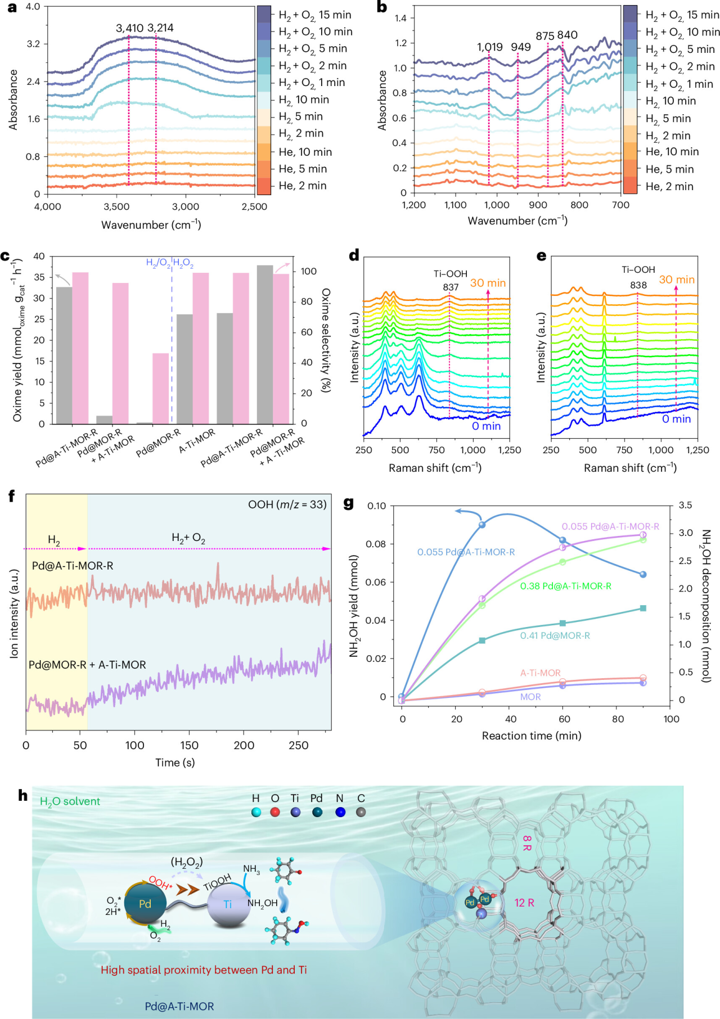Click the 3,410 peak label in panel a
(x=129, y=28)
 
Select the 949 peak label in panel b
(x=521, y=47)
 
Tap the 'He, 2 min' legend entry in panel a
(x=303, y=186)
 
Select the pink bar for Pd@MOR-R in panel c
(x=161, y=389)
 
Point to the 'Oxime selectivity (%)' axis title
(x=326, y=340)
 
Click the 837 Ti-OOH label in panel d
(x=451, y=287)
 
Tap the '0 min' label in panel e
(x=677, y=419)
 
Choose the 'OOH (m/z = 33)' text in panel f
(x=287, y=504)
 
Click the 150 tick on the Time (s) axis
(x=189, y=745)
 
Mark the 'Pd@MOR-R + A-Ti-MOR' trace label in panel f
(x=87, y=665)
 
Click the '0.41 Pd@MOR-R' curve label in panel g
(x=555, y=635)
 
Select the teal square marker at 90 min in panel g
(x=643, y=608)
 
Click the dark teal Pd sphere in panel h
(x=145, y=904)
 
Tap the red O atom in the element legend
(x=275, y=812)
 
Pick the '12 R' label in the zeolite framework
(x=524, y=903)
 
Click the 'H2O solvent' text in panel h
(x=70, y=801)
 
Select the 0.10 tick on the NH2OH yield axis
(x=376, y=506)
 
